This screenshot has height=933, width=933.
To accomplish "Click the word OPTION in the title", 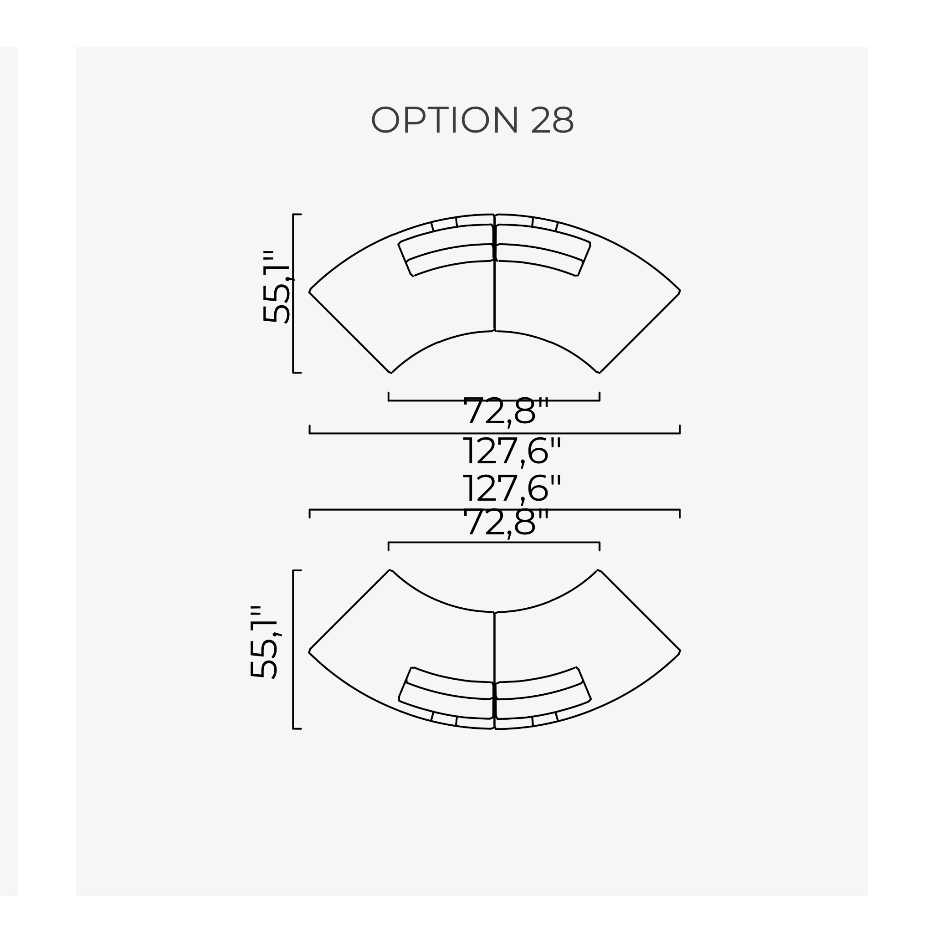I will click(x=444, y=120).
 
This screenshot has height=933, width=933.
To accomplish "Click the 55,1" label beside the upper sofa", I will click(x=277, y=287).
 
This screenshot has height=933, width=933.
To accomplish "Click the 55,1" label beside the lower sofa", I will click(x=265, y=642).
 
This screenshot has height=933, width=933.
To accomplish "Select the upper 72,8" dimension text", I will click(x=506, y=411).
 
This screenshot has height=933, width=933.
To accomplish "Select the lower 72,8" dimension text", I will click(x=506, y=523).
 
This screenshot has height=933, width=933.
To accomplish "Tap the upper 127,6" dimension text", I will click(x=512, y=451).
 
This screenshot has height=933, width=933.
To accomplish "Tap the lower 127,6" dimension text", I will click(x=512, y=488).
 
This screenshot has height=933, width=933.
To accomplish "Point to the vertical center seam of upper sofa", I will click(x=494, y=299).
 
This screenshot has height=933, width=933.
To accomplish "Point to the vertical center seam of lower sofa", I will click(x=494, y=647).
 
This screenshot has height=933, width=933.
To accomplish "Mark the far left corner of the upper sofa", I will click(x=309, y=291).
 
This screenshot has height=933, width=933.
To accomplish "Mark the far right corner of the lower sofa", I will click(x=679, y=652).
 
